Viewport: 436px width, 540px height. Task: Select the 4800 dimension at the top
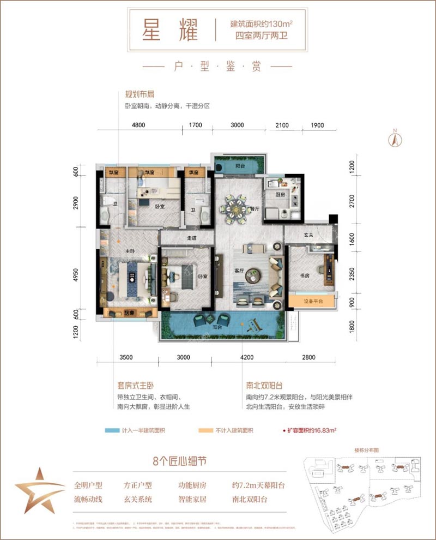pyautogui.click(x=138, y=125)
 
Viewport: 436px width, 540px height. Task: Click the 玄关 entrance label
pyautogui.click(x=308, y=235)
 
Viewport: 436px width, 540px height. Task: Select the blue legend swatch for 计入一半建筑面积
pyautogui.click(x=112, y=430)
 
